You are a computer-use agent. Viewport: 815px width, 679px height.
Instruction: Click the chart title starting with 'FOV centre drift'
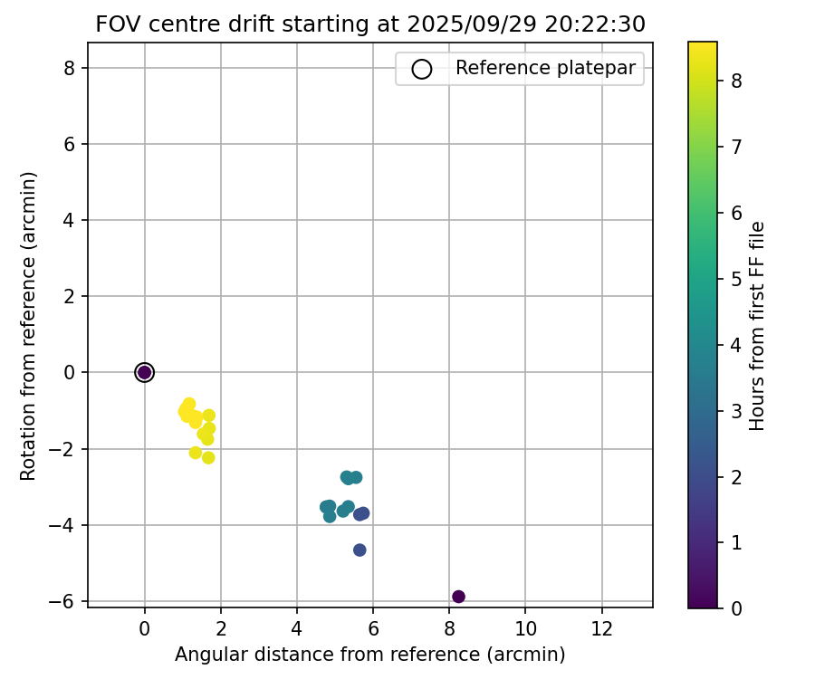coord(369,24)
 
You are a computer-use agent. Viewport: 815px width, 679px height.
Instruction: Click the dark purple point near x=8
coord(458,597)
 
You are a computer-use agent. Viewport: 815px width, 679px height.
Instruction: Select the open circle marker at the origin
coord(144,372)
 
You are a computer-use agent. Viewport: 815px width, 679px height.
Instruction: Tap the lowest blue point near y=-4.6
coord(360,550)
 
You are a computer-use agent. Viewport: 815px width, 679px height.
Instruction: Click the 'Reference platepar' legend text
coord(545,68)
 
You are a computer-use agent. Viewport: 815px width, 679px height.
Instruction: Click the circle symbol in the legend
coord(421,69)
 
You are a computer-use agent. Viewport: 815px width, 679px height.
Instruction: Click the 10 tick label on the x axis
coord(525,627)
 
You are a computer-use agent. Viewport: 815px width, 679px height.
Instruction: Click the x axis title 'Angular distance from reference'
coord(369,655)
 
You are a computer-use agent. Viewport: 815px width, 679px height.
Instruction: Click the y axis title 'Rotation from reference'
coord(28,325)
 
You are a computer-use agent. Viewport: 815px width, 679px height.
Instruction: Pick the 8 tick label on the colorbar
coord(737,81)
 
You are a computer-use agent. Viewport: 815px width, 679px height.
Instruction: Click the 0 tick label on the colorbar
coord(737,608)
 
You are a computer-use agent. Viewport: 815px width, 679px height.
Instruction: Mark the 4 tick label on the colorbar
coord(737,345)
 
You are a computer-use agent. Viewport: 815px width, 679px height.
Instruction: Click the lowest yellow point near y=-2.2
coord(208,457)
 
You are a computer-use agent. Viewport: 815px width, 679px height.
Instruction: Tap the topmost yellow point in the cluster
coord(189,404)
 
